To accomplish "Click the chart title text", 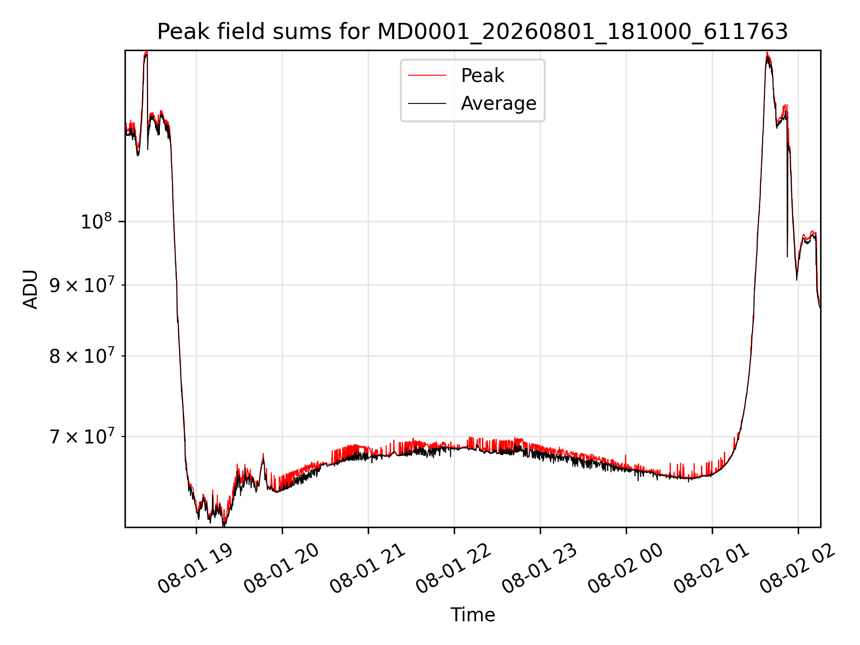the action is click(x=473, y=32).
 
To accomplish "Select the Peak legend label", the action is click(x=482, y=76).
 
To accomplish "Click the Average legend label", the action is click(x=499, y=103).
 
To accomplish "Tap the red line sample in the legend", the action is click(x=427, y=76).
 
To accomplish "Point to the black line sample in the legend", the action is click(x=427, y=103).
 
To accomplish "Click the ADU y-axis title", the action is click(x=30, y=289).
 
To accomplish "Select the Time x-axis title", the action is click(x=473, y=615).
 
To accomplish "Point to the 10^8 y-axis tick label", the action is click(x=96, y=221).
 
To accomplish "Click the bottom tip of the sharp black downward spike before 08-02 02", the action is click(x=787, y=257).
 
